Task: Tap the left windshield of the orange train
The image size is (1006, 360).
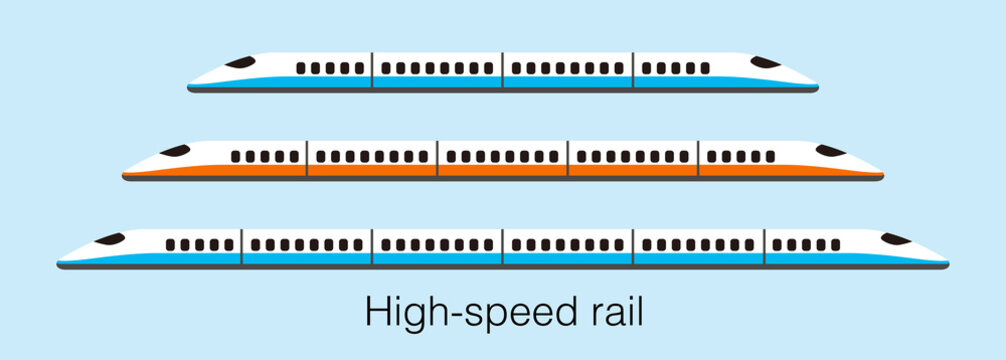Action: [174, 151]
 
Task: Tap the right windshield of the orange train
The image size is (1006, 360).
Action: [831, 151]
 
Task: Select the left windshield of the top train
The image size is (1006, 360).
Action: [240, 62]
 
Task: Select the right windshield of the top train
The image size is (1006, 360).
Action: [766, 62]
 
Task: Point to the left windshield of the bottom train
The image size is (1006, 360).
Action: [109, 239]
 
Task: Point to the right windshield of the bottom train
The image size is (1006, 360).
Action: [896, 239]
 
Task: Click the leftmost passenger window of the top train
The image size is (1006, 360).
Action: [301, 68]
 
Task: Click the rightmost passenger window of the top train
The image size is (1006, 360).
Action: [705, 68]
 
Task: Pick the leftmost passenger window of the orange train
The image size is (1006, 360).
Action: [236, 157]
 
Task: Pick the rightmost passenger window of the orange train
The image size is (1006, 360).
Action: [770, 157]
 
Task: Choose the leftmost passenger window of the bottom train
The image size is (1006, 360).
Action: [170, 245]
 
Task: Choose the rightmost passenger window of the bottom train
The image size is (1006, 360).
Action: [835, 245]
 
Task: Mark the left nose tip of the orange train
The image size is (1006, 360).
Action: [124, 175]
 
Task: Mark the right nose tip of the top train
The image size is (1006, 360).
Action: [817, 87]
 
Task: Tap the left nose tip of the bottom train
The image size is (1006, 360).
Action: [59, 263]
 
